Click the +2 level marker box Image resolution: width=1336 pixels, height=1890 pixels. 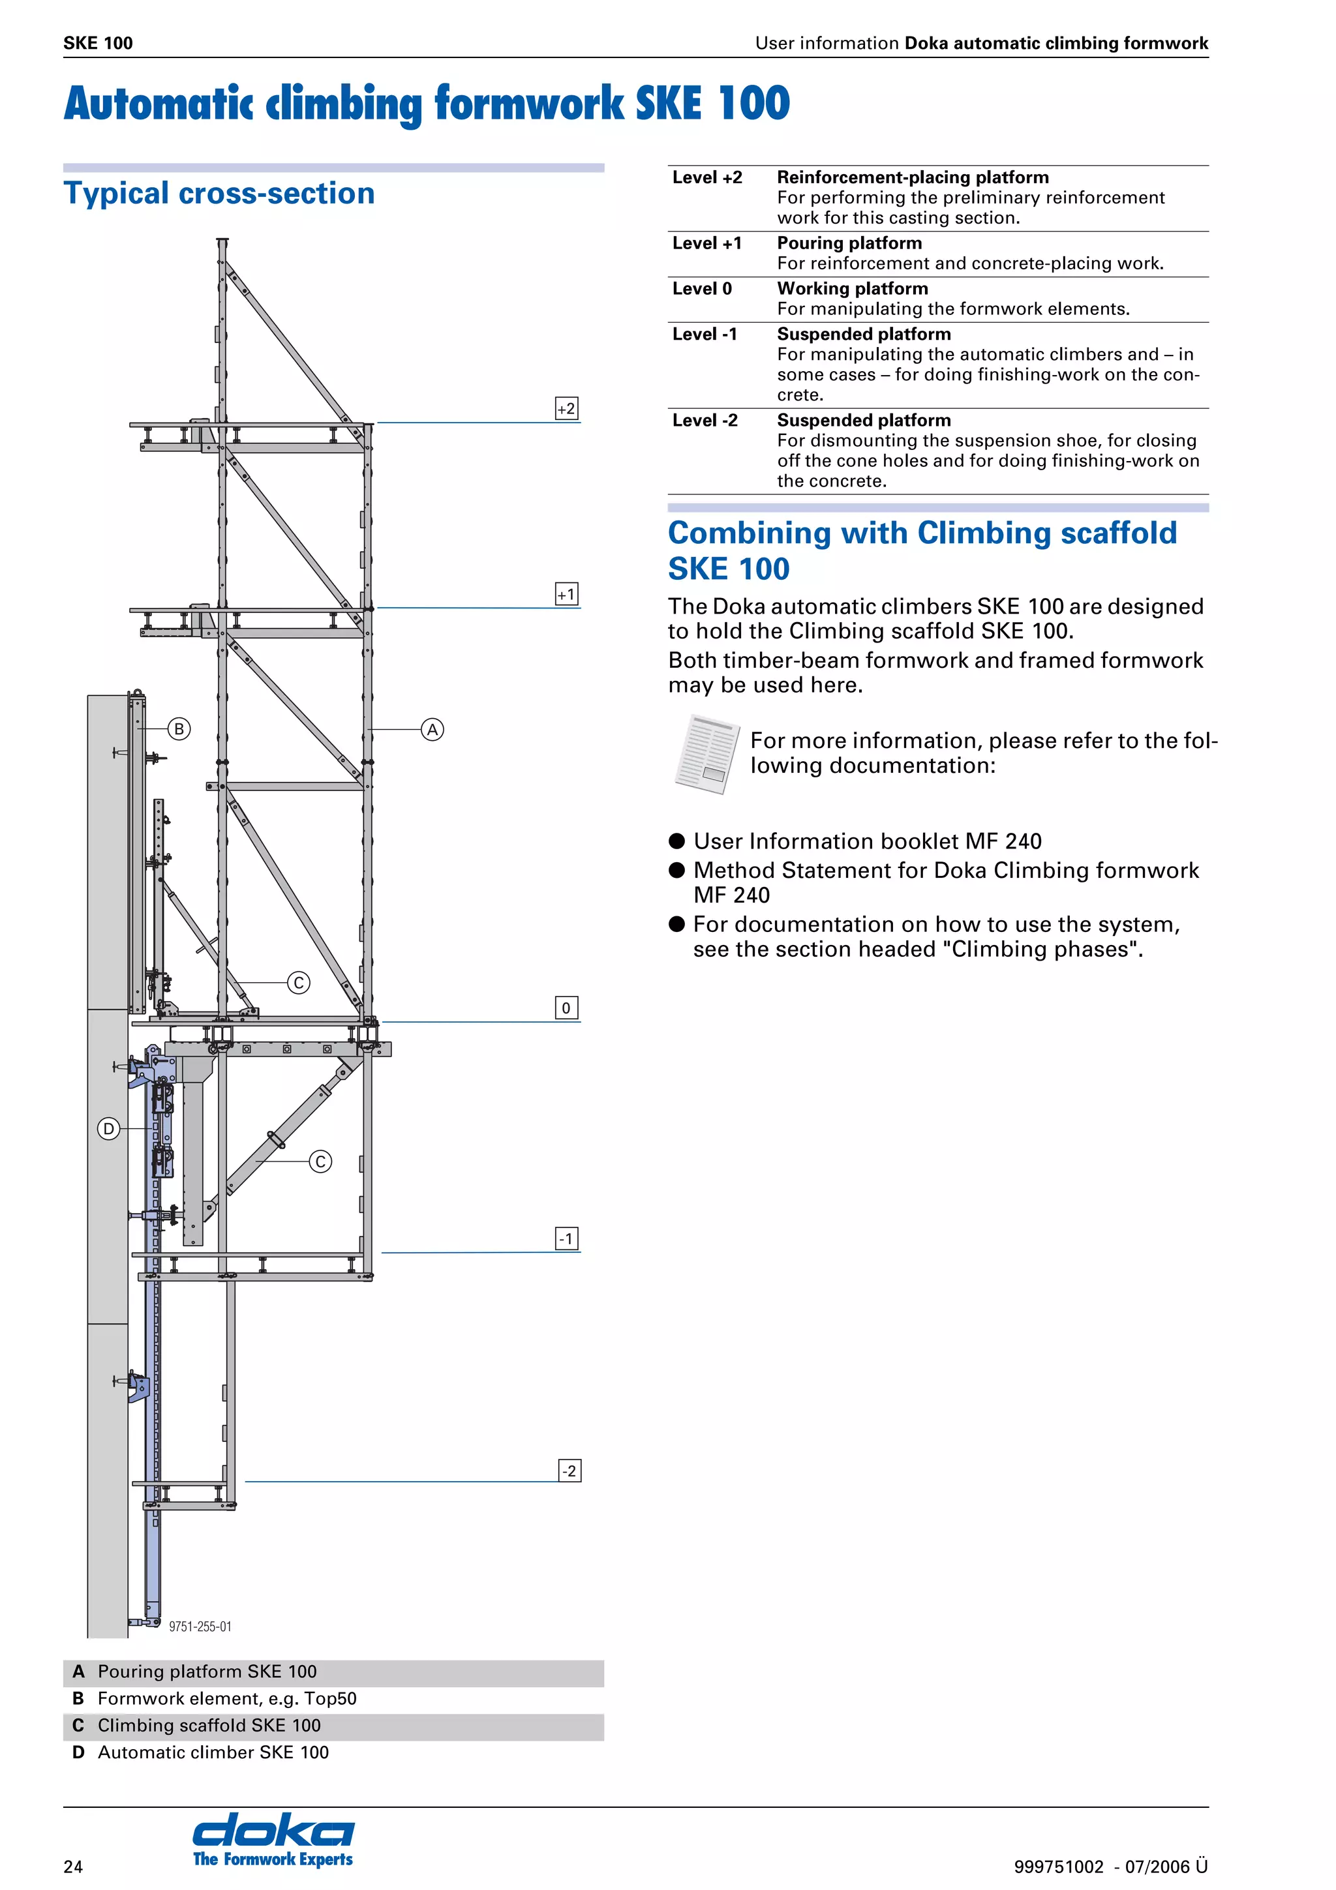pyautogui.click(x=566, y=408)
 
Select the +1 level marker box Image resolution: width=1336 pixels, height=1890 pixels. pyautogui.click(x=566, y=594)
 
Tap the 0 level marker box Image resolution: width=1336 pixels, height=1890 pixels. pyautogui.click(x=566, y=1008)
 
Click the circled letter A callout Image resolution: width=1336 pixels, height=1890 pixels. pyautogui.click(x=432, y=729)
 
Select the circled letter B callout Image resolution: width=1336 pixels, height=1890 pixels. pyautogui.click(x=179, y=728)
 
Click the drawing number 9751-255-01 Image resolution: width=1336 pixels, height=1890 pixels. pyautogui.click(x=200, y=1627)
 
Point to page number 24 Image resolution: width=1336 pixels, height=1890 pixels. pyautogui.click(x=73, y=1866)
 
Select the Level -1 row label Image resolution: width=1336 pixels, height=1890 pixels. pyautogui.click(x=705, y=334)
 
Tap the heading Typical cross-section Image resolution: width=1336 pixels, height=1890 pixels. pyautogui.click(x=219, y=194)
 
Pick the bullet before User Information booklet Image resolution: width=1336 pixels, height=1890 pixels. pyautogui.click(x=676, y=841)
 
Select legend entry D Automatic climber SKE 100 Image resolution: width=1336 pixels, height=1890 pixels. pyautogui.click(x=201, y=1752)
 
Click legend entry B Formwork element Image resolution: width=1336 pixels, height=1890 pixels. pyautogui.click(x=214, y=1698)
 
